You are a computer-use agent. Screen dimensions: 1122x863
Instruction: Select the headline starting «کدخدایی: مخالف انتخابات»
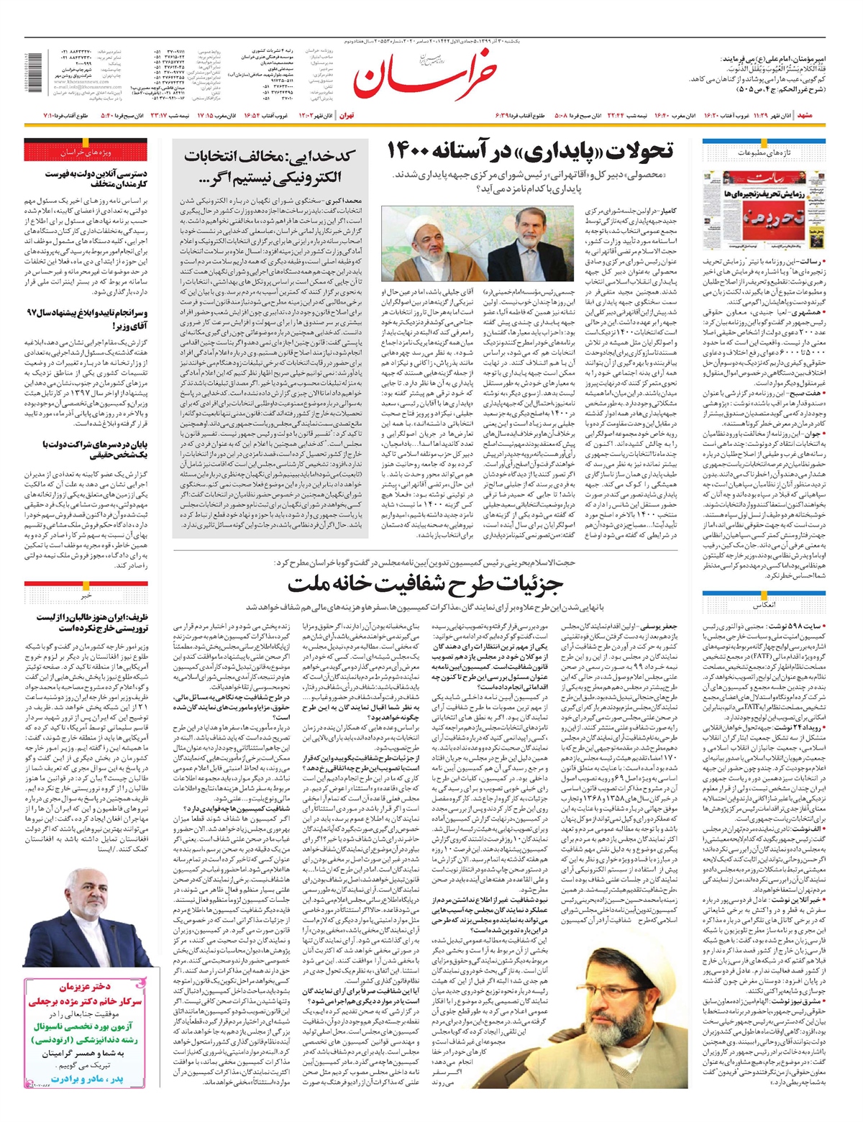[x=269, y=166]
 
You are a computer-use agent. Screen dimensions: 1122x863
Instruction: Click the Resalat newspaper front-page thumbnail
[x=762, y=209]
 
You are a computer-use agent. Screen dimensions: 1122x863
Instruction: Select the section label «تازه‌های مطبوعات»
[x=762, y=153]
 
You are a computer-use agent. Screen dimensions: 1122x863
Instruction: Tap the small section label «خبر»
[x=86, y=596]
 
